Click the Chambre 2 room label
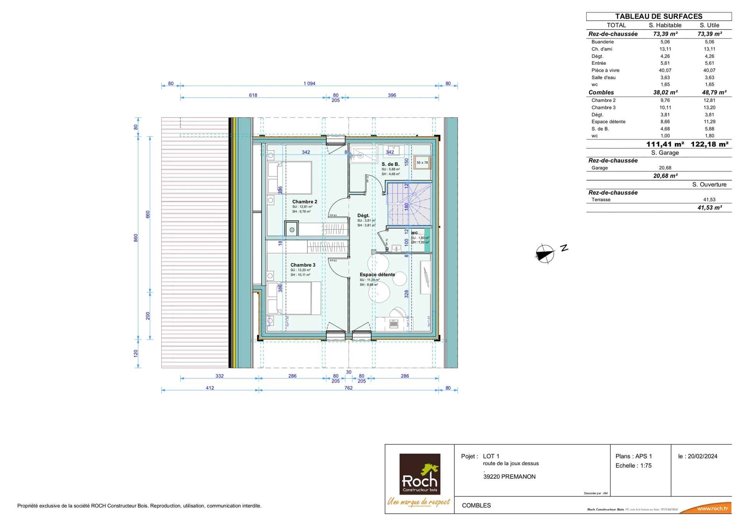[x=305, y=202]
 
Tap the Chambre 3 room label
[x=303, y=265]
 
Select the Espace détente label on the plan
[x=377, y=274]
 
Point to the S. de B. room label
[x=390, y=164]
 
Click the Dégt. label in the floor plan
[x=363, y=216]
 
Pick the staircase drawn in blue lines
[x=409, y=204]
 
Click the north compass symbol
[x=545, y=254]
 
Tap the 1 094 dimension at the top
[x=309, y=83]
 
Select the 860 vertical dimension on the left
[x=136, y=238]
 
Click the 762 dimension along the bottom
[x=348, y=388]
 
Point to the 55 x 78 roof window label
[x=422, y=163]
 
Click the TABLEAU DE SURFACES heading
[x=658, y=16]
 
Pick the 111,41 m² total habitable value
[x=665, y=144]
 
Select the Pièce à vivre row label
[x=605, y=70]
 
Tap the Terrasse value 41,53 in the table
[x=709, y=200]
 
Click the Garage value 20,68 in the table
[x=665, y=168]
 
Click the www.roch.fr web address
[x=712, y=509]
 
